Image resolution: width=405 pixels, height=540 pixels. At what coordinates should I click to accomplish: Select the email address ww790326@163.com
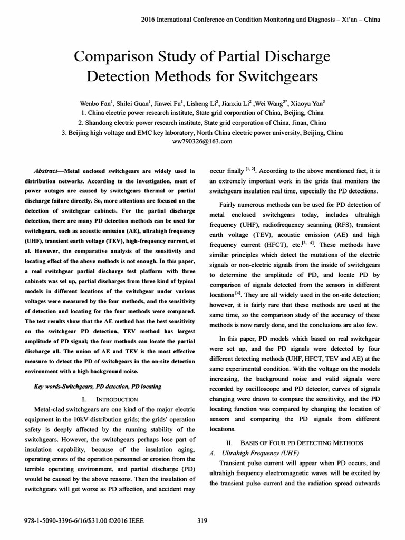tap(202, 141)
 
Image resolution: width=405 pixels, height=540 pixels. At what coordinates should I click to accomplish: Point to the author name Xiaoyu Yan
tap(308, 103)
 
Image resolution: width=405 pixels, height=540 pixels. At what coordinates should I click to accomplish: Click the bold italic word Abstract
tap(46, 171)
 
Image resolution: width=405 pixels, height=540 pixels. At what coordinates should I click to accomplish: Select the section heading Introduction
tap(114, 399)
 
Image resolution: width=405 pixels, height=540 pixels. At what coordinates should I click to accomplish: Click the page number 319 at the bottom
tap(201, 521)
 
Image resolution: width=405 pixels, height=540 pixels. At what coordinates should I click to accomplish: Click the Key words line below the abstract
tap(97, 387)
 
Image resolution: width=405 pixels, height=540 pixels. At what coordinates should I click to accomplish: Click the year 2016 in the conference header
tap(151, 20)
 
